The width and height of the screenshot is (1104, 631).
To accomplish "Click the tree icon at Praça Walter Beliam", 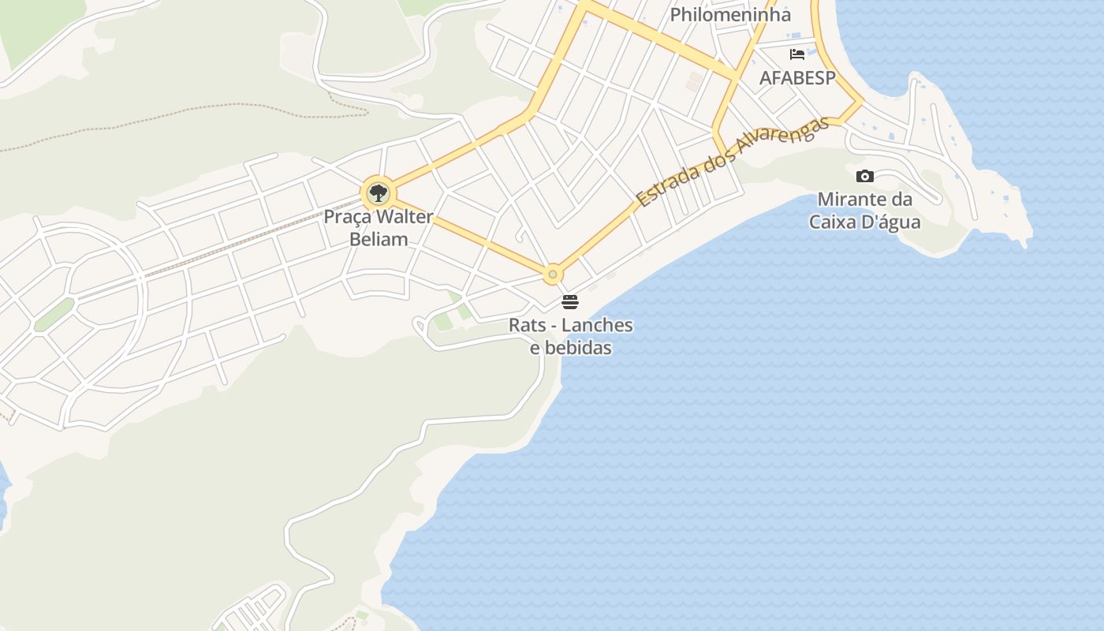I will click(x=379, y=192).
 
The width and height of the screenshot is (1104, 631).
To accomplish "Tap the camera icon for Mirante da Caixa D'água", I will click(x=865, y=176).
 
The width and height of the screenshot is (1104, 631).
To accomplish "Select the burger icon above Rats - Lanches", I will click(x=570, y=301).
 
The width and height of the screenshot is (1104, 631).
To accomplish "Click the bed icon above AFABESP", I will click(x=797, y=54).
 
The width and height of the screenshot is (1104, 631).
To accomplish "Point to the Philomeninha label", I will click(x=729, y=15).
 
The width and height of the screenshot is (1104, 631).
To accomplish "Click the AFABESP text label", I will click(x=796, y=77).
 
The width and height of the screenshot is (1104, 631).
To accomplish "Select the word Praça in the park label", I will click(x=348, y=217).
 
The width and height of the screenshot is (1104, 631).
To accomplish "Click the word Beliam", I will click(x=379, y=239).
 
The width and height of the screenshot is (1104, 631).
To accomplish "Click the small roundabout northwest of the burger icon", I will click(x=553, y=274).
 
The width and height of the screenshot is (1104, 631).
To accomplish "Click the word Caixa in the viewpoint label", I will click(x=833, y=222).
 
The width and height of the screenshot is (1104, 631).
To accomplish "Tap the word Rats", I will click(x=527, y=325).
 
